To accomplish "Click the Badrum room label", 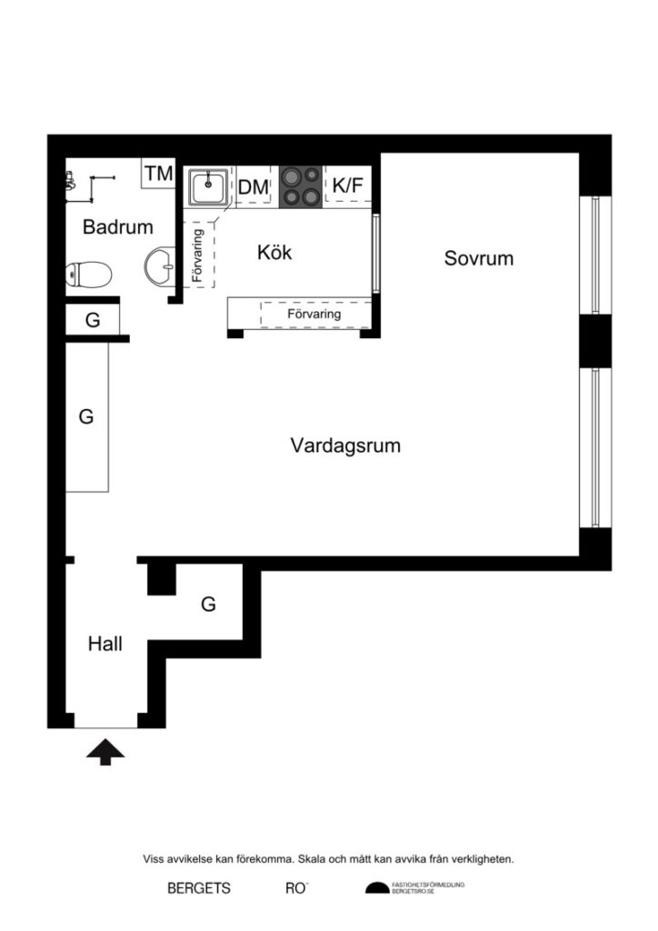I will click(x=117, y=227).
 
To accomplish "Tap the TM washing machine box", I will click(x=158, y=173).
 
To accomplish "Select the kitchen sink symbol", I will click(x=209, y=188).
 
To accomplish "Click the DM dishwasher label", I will click(x=254, y=187).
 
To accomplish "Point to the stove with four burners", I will click(x=301, y=185).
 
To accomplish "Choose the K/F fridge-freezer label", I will click(x=347, y=185).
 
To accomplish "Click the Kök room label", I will click(x=274, y=252).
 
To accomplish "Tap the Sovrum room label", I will click(x=478, y=258).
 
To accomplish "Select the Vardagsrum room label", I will click(x=345, y=445).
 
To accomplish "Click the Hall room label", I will click(x=105, y=644).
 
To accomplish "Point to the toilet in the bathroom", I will click(x=89, y=272).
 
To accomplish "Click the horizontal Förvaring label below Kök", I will click(x=314, y=314).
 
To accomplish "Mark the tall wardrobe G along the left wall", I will click(x=86, y=416).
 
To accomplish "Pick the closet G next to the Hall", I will click(x=208, y=604).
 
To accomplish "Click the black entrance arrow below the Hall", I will click(x=105, y=752).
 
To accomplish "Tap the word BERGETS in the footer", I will click(x=198, y=888).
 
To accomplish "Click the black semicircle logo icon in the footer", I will click(x=375, y=888).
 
